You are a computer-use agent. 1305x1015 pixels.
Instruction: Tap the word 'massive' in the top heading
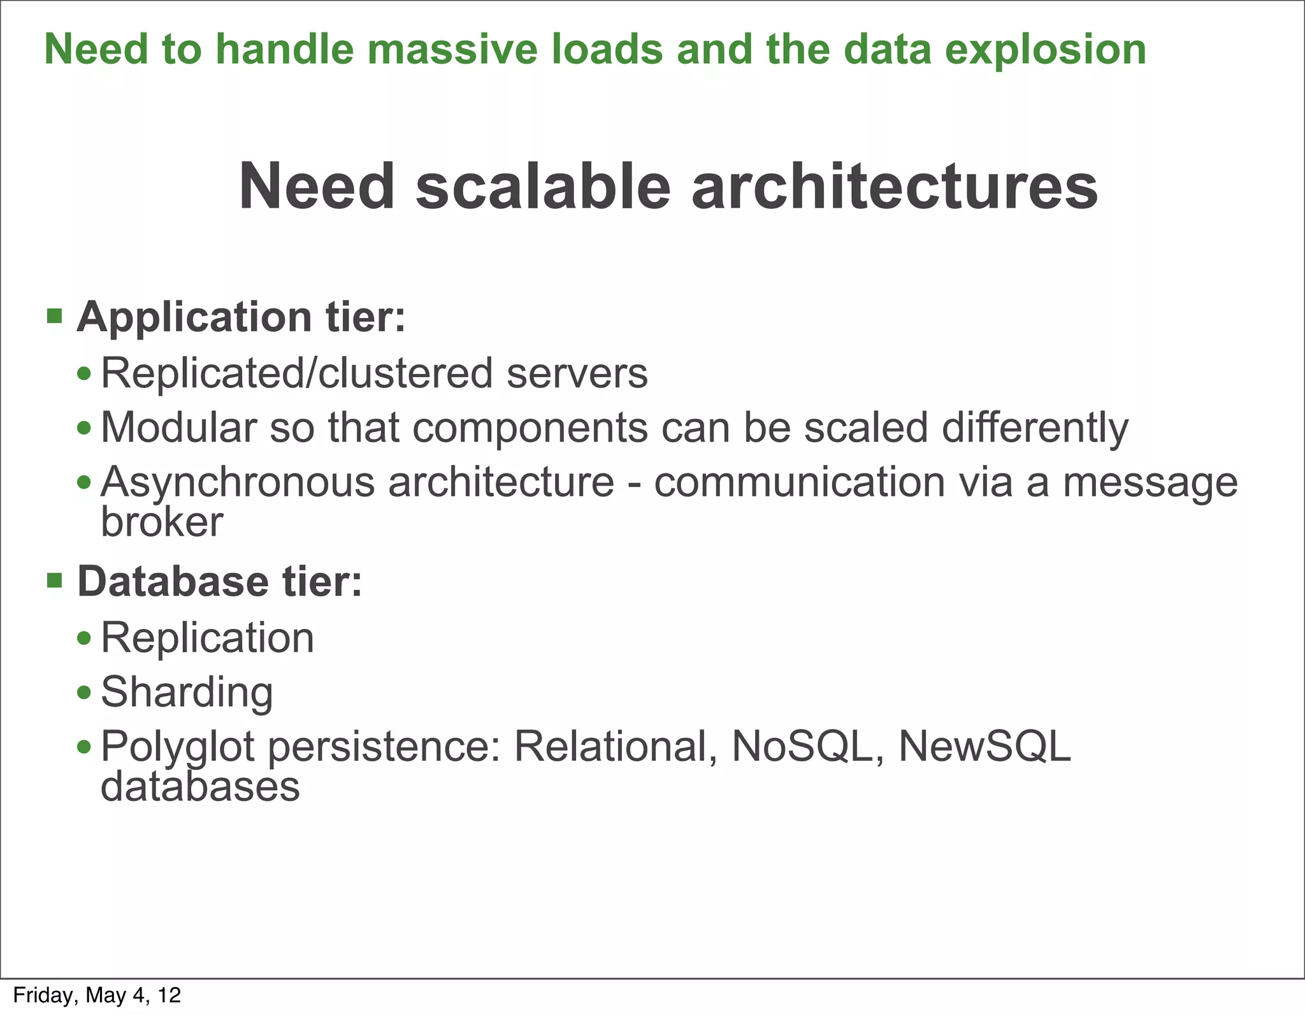(x=452, y=50)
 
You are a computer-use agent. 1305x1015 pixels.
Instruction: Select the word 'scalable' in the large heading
(x=543, y=186)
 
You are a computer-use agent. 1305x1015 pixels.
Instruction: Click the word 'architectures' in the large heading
(x=895, y=186)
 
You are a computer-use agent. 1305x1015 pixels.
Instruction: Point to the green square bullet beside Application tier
(x=55, y=315)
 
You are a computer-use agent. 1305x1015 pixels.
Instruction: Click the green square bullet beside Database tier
(x=55, y=580)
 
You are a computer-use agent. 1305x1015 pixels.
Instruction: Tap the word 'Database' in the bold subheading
(x=173, y=581)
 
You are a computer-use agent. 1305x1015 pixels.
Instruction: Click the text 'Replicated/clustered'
(x=297, y=373)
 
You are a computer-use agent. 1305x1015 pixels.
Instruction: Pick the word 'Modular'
(x=178, y=427)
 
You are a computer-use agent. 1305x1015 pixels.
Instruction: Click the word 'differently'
(x=1035, y=427)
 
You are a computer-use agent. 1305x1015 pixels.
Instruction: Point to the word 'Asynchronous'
(x=238, y=482)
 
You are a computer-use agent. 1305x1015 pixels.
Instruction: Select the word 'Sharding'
(x=187, y=692)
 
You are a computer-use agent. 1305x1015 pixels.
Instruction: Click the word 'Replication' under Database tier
(x=207, y=637)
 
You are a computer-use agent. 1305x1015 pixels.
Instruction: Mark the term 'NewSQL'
(x=984, y=746)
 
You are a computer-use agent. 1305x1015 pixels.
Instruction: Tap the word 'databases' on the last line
(x=200, y=786)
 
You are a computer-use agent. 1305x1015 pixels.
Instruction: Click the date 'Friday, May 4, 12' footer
(x=97, y=995)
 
